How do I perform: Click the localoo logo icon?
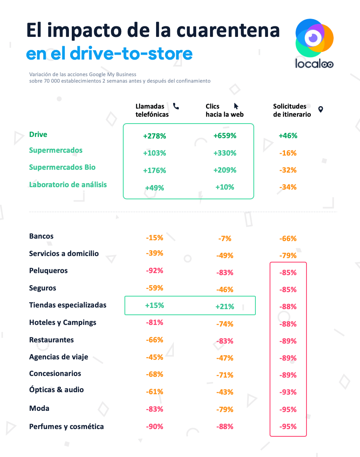coord(314,38)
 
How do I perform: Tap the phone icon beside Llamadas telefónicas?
coord(176,106)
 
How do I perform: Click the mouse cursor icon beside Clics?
coord(236,107)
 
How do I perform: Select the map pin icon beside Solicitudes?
coord(321,109)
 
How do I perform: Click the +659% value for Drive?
coord(225,136)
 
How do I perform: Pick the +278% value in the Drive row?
coord(154,136)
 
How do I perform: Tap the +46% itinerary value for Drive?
coord(288,136)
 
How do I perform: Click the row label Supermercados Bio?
coord(62,167)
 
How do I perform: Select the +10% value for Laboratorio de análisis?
coord(225,187)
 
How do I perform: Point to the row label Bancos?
coord(41,236)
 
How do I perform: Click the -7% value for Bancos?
coord(225,239)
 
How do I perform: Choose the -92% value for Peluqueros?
coord(154,271)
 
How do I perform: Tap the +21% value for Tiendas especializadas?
coord(225,307)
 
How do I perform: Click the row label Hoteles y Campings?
coord(63,322)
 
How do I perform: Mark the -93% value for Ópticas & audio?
coord(288,392)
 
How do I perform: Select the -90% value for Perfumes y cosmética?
coord(154,426)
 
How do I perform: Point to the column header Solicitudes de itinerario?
coord(292,110)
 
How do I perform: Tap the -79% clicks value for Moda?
coord(225,409)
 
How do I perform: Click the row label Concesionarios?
coord(55,373)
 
